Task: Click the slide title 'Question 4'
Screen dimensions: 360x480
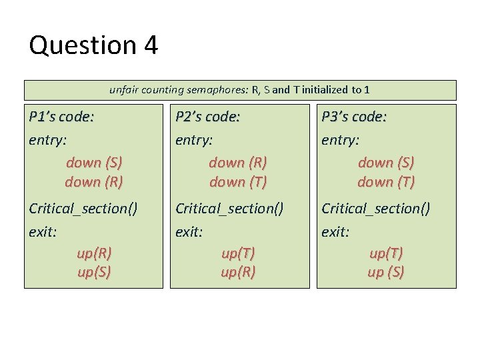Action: pos(93,45)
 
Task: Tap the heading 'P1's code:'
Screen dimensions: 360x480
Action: pos(61,117)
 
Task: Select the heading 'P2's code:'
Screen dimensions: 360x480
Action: pos(207,117)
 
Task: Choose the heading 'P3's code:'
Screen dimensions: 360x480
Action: pos(354,117)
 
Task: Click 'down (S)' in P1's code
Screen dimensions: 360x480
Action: pos(94,163)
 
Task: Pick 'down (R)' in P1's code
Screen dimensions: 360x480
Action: pos(94,181)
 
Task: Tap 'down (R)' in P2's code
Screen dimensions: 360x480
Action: pos(238,163)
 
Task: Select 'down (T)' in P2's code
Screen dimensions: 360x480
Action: pos(238,181)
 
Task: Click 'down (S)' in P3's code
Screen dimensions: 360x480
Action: pos(386,163)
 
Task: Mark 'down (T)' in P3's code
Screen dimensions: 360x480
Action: pos(386,181)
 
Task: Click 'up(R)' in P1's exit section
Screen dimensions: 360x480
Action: pos(94,253)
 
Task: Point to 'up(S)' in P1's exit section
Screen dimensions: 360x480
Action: pos(94,272)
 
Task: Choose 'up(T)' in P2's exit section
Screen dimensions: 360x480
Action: pos(238,253)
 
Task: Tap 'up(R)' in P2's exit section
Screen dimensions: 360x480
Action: pos(238,272)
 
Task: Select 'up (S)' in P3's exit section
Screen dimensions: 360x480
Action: pos(386,272)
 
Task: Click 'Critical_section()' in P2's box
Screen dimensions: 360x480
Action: pos(229,209)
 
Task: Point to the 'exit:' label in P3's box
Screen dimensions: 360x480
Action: pos(336,231)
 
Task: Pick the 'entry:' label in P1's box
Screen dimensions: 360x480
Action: pos(48,140)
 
